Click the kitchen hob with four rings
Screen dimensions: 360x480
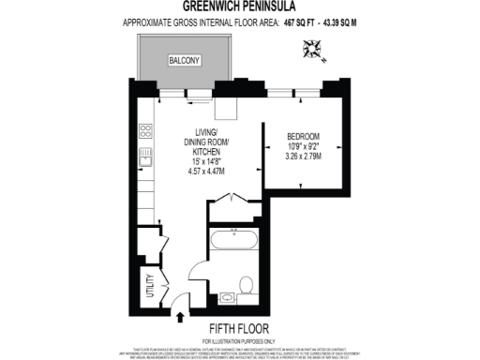pos(146,130)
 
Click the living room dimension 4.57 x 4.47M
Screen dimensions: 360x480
pos(206,172)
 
